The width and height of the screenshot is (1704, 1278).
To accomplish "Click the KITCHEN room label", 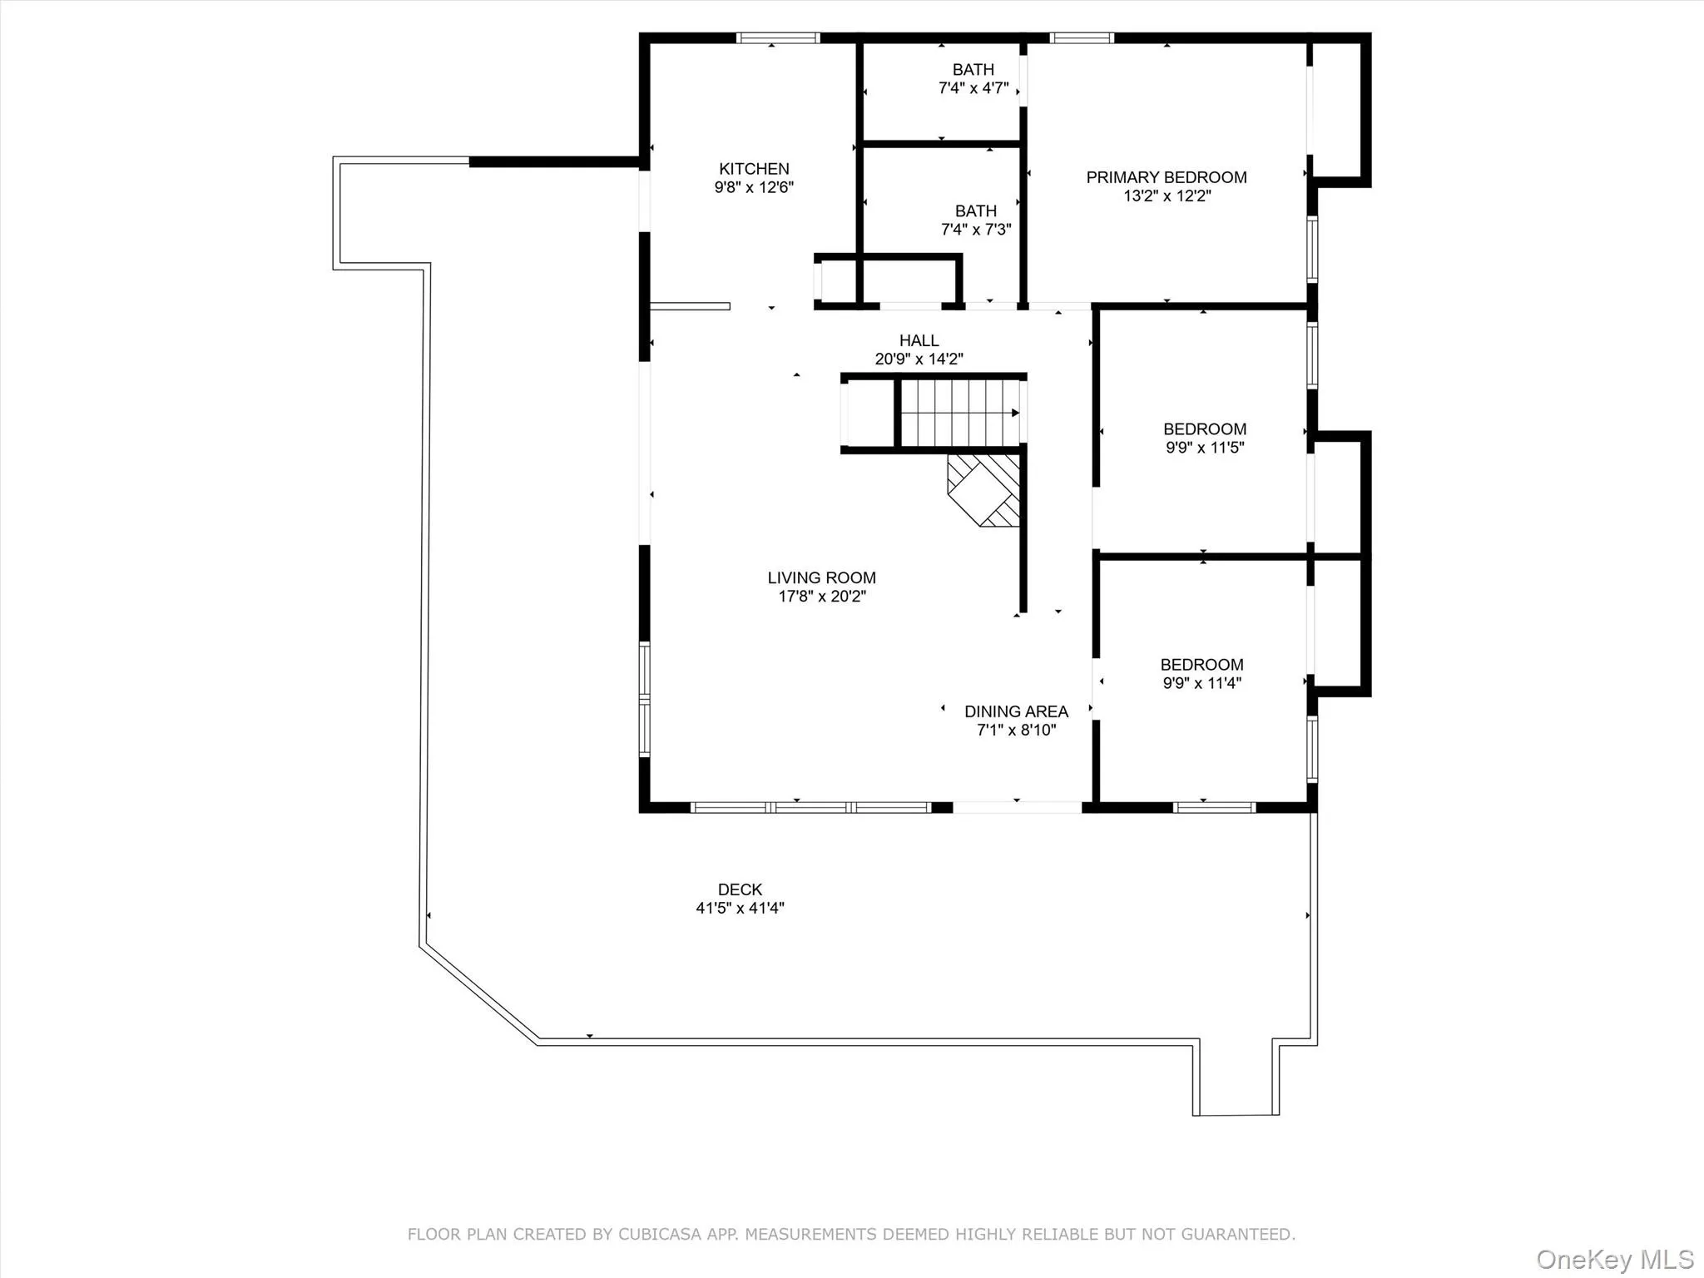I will [754, 169].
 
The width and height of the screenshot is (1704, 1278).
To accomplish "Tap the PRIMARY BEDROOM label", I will [1166, 177].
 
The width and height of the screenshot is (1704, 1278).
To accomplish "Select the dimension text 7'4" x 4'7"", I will [973, 88].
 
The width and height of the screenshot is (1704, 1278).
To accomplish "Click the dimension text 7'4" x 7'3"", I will [975, 230].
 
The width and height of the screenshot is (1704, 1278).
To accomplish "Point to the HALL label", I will [919, 340].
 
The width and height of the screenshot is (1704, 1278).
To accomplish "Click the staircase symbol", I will [959, 414].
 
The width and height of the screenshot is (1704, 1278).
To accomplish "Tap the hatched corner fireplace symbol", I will [984, 489].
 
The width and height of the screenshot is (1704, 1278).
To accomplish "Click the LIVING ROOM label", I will [821, 577].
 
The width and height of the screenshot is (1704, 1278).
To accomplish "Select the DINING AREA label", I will [1016, 711].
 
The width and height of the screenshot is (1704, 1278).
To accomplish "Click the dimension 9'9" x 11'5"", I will [1204, 448].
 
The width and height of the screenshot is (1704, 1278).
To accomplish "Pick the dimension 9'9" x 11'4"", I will [1201, 683].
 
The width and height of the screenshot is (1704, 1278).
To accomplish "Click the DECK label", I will [740, 889].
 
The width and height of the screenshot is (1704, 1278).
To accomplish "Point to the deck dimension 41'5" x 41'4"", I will [740, 909].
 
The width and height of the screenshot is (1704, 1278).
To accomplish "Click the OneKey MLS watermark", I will [1614, 1259].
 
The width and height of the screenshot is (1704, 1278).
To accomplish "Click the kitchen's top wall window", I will [778, 38].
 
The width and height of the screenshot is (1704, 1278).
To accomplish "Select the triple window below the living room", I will [810, 807].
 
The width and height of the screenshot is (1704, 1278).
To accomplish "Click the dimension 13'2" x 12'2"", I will [1167, 196].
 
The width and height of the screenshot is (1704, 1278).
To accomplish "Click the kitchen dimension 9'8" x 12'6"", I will [754, 188].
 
